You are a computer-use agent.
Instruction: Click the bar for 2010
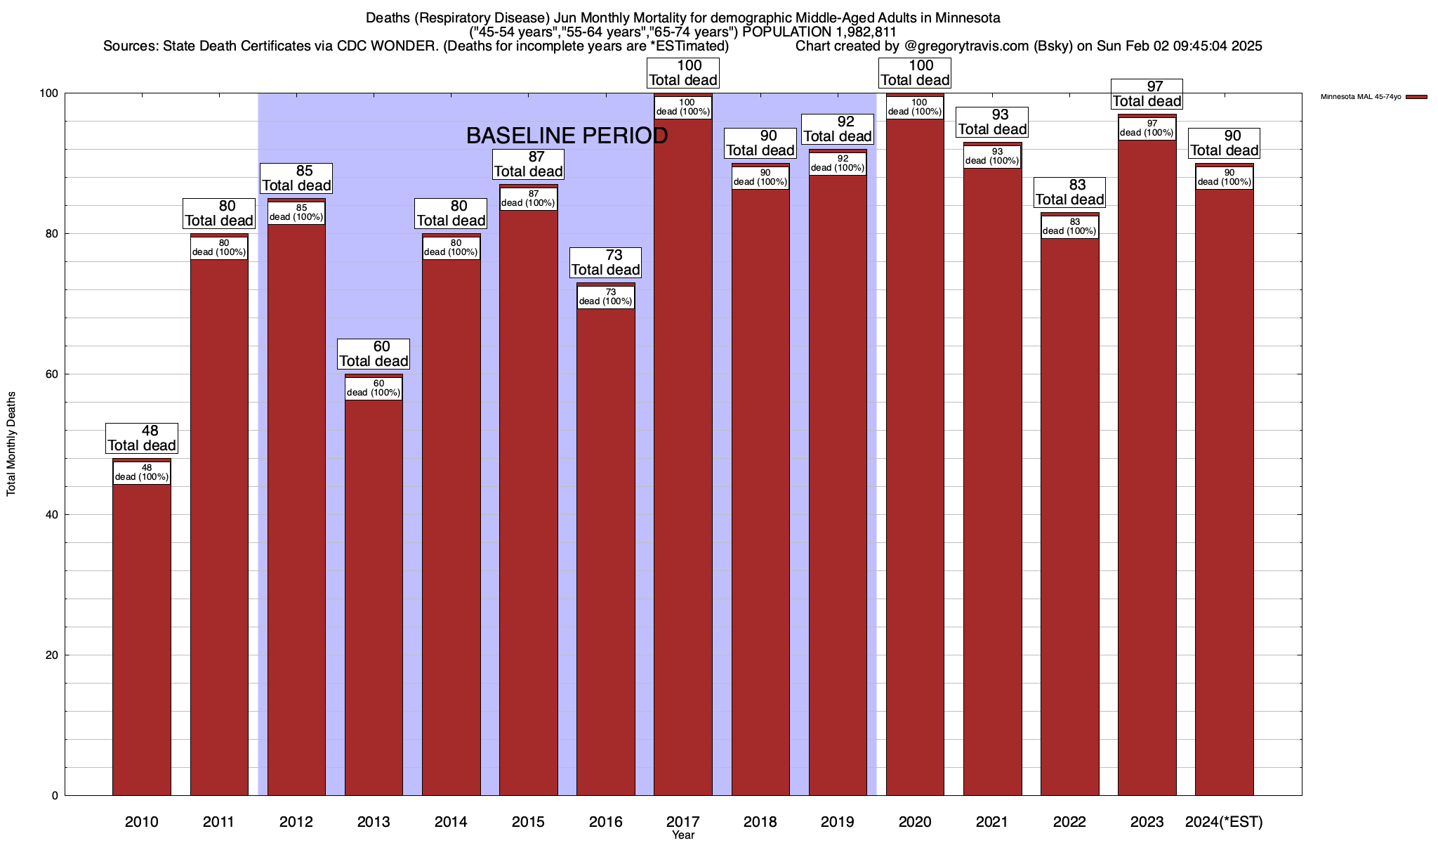click(142, 632)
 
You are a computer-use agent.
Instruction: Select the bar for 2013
click(374, 597)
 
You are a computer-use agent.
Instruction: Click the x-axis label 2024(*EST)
click(1224, 822)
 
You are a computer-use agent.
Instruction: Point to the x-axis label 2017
click(682, 822)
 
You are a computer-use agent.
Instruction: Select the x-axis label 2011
click(219, 822)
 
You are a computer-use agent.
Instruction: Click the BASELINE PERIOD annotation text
click(567, 136)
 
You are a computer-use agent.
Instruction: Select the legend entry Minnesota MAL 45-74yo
click(1361, 97)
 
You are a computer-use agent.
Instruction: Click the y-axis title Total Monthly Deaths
click(11, 444)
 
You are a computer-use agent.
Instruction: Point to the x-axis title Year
click(682, 835)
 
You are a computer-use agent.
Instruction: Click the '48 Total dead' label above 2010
click(142, 438)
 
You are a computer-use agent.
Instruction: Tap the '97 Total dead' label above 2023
click(1147, 94)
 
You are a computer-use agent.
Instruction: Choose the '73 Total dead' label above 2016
click(605, 263)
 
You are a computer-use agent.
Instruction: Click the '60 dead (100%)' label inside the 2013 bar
click(374, 388)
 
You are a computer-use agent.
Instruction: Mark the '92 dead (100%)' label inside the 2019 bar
click(838, 164)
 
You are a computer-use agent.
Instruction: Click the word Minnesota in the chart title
click(967, 18)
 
